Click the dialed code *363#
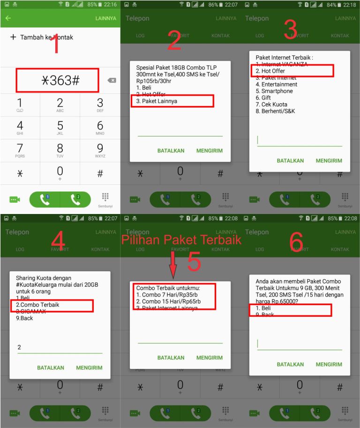(58, 80)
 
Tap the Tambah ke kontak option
(42, 37)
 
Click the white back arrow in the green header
(8, 18)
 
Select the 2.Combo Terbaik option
(37, 305)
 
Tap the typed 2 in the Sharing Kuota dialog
(19, 347)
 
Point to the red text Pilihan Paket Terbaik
(181, 240)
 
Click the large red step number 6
(296, 242)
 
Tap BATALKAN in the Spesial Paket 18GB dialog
(171, 151)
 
